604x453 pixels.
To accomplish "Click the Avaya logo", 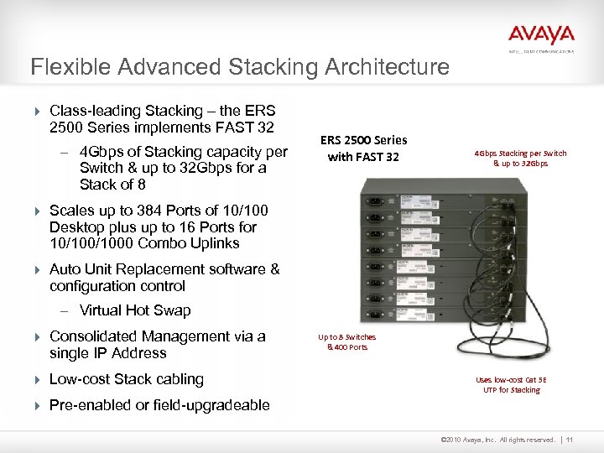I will pos(541,35).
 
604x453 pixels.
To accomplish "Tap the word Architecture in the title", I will pos(389,66).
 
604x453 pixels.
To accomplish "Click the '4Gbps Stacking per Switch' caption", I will pos(520,154).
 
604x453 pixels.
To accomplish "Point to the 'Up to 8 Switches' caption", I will pos(346,336).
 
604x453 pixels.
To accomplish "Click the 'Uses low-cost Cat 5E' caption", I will pos(512,378).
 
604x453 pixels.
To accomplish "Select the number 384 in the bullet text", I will pos(133,211).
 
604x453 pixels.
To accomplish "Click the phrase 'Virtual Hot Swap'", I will pos(135,310).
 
